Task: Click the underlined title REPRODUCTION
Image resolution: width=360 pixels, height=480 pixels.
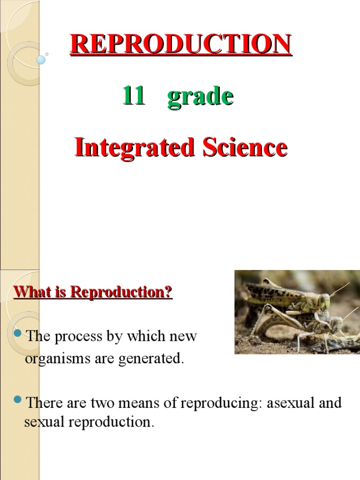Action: pyautogui.click(x=181, y=45)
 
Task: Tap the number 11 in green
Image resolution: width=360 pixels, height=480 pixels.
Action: pyautogui.click(x=133, y=97)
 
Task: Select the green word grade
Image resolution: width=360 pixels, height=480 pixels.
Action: pyautogui.click(x=200, y=97)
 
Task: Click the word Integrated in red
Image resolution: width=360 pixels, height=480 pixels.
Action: pyautogui.click(x=135, y=148)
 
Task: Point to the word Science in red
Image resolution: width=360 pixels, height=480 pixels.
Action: pyautogui.click(x=245, y=148)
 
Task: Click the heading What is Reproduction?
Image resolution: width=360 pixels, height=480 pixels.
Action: pyautogui.click(x=93, y=292)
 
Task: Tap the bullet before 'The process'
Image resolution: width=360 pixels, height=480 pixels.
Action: pyautogui.click(x=18, y=334)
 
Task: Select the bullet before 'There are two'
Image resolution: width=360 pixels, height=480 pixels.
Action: pyautogui.click(x=18, y=400)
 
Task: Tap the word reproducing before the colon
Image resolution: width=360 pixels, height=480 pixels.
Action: pyautogui.click(x=222, y=403)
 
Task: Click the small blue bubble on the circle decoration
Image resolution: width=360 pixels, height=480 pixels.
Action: pyautogui.click(x=41, y=60)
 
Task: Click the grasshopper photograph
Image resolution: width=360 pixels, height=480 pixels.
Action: pyautogui.click(x=297, y=312)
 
